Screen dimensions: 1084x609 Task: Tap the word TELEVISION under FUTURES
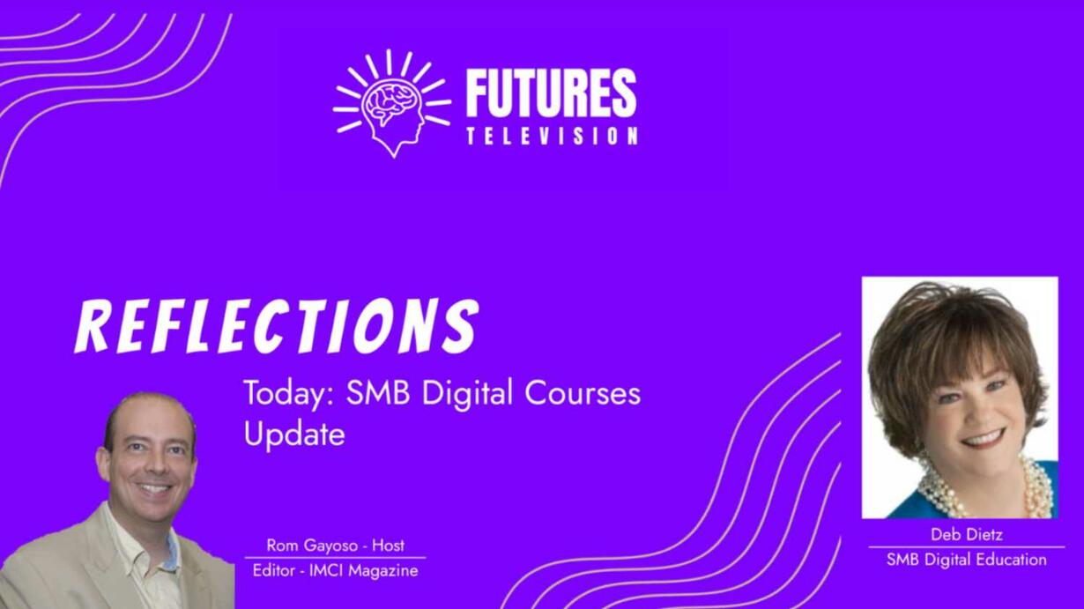553,136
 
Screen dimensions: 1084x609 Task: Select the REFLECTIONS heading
277,325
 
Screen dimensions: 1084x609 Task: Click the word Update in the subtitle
294,434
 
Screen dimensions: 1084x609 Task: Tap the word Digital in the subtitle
467,394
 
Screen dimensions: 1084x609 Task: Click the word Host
388,545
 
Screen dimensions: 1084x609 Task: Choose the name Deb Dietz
967,534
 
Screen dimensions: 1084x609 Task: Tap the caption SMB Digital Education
967,560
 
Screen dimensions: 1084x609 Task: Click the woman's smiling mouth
980,438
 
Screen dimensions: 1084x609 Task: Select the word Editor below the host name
273,571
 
